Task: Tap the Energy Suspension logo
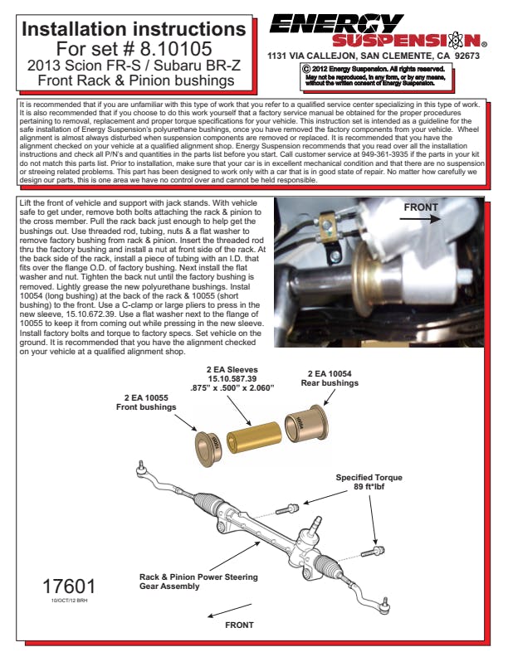[x=376, y=30]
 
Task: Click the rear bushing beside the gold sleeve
[x=302, y=424]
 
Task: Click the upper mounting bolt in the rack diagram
[x=292, y=508]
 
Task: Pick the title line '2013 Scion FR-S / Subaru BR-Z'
[x=134, y=65]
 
